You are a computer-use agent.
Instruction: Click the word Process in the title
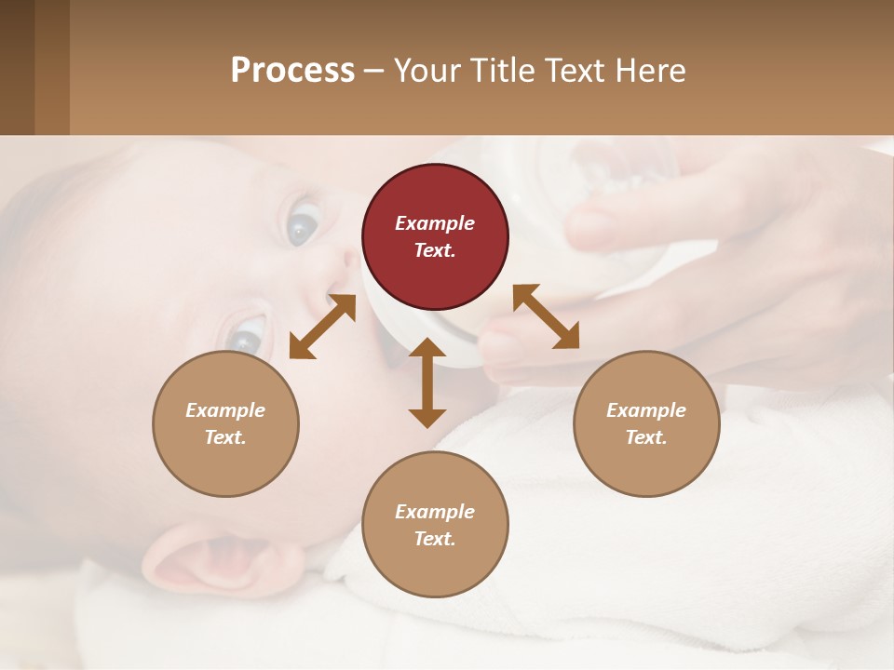click(292, 71)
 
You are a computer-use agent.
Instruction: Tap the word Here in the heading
click(650, 71)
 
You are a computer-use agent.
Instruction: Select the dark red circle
click(435, 237)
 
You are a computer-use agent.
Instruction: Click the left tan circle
click(225, 423)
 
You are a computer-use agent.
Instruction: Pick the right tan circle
click(646, 423)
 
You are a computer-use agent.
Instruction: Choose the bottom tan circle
click(435, 524)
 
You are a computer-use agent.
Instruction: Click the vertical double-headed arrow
click(427, 382)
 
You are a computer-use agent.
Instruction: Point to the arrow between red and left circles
click(322, 326)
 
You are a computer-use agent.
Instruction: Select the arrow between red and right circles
click(546, 316)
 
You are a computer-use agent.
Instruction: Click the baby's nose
click(331, 279)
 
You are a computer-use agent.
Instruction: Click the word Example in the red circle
click(435, 223)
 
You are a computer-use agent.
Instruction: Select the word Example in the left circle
click(225, 410)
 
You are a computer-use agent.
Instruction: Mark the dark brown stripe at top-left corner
click(17, 67)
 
